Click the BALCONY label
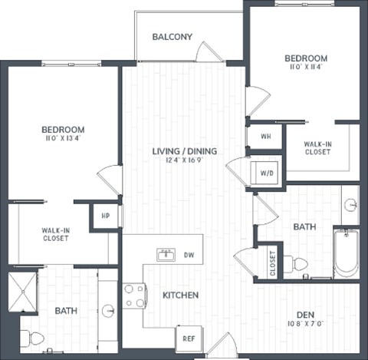(172, 37)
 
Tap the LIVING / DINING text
(184, 151)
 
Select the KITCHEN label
(181, 295)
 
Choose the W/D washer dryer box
(266, 172)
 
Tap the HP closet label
(105, 216)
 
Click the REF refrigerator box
(188, 337)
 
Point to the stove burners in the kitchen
(134, 296)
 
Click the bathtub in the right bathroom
(345, 253)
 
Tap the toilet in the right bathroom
(298, 265)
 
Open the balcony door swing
(206, 52)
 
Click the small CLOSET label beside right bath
(271, 263)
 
